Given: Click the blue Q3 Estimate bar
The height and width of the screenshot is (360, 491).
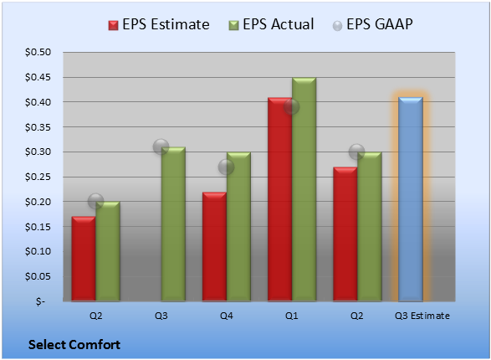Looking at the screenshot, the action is click(x=411, y=199).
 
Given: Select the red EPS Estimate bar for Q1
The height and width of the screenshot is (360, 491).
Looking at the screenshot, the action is click(x=279, y=199).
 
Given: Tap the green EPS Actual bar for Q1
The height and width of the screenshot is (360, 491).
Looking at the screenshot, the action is click(x=304, y=189).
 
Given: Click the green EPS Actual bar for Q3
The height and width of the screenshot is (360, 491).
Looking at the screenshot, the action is click(x=173, y=224).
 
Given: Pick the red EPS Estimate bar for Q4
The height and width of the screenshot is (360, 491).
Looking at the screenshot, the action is click(x=214, y=247).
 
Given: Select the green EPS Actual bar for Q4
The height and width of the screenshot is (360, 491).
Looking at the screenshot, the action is click(x=238, y=227).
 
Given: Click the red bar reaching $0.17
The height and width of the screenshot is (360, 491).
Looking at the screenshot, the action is click(x=84, y=259).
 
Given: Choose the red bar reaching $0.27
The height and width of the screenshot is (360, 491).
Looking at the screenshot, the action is click(x=345, y=234).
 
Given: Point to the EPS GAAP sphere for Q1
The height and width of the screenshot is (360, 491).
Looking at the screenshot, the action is click(x=292, y=107).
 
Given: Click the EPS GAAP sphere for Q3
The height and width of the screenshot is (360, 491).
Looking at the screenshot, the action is click(x=161, y=147).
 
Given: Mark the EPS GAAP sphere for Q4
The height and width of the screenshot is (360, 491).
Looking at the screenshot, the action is click(x=226, y=167).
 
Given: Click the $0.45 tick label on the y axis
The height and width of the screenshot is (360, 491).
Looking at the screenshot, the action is click(x=38, y=77).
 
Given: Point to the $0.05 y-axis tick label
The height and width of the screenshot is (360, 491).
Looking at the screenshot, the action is click(x=38, y=276).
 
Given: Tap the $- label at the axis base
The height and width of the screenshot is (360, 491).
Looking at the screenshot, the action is click(x=40, y=301).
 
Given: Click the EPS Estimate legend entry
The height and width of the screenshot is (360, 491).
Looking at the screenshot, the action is click(x=159, y=24).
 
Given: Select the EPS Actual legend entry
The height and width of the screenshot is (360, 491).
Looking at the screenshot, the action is click(x=271, y=24).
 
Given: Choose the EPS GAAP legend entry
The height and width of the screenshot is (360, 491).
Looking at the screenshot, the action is click(x=372, y=24).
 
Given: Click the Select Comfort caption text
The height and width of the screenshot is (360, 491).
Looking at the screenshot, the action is click(x=74, y=345).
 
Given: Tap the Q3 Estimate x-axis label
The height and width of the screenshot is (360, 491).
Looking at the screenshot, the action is click(x=422, y=316).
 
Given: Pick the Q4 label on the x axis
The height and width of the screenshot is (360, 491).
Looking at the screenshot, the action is click(x=227, y=316).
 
